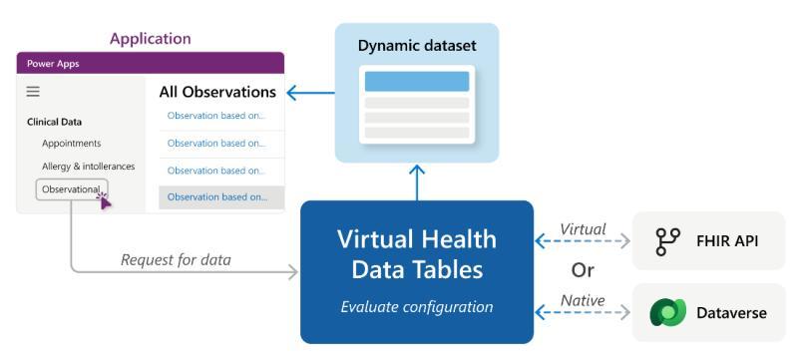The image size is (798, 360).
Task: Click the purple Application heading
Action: [x=151, y=39]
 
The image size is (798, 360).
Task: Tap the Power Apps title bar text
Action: [x=53, y=64]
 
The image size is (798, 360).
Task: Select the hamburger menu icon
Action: [x=33, y=92]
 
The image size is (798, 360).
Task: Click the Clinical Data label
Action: [x=55, y=122]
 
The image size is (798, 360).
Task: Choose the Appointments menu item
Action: [x=72, y=144]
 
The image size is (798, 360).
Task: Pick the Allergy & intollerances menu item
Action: [x=89, y=167]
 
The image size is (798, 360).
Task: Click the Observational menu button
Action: [x=72, y=189]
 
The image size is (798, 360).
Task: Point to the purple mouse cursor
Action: [x=105, y=200]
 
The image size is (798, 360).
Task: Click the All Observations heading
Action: [x=217, y=92]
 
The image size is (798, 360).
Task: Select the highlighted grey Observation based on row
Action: [x=221, y=197]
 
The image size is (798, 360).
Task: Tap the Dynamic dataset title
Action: [x=417, y=46]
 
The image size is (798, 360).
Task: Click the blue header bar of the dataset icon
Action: [x=417, y=82]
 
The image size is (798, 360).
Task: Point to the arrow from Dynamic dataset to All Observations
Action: [x=310, y=93]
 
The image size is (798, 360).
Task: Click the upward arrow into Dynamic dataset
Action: [x=417, y=182]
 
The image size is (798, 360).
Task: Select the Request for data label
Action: [x=176, y=260]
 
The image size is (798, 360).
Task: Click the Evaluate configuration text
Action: [x=417, y=307]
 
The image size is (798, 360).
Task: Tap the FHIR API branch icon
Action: [x=667, y=241]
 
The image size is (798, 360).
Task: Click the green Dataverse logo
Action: [x=667, y=312]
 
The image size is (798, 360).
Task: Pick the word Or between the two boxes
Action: [x=583, y=270]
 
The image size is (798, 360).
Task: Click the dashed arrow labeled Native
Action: [x=583, y=313]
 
